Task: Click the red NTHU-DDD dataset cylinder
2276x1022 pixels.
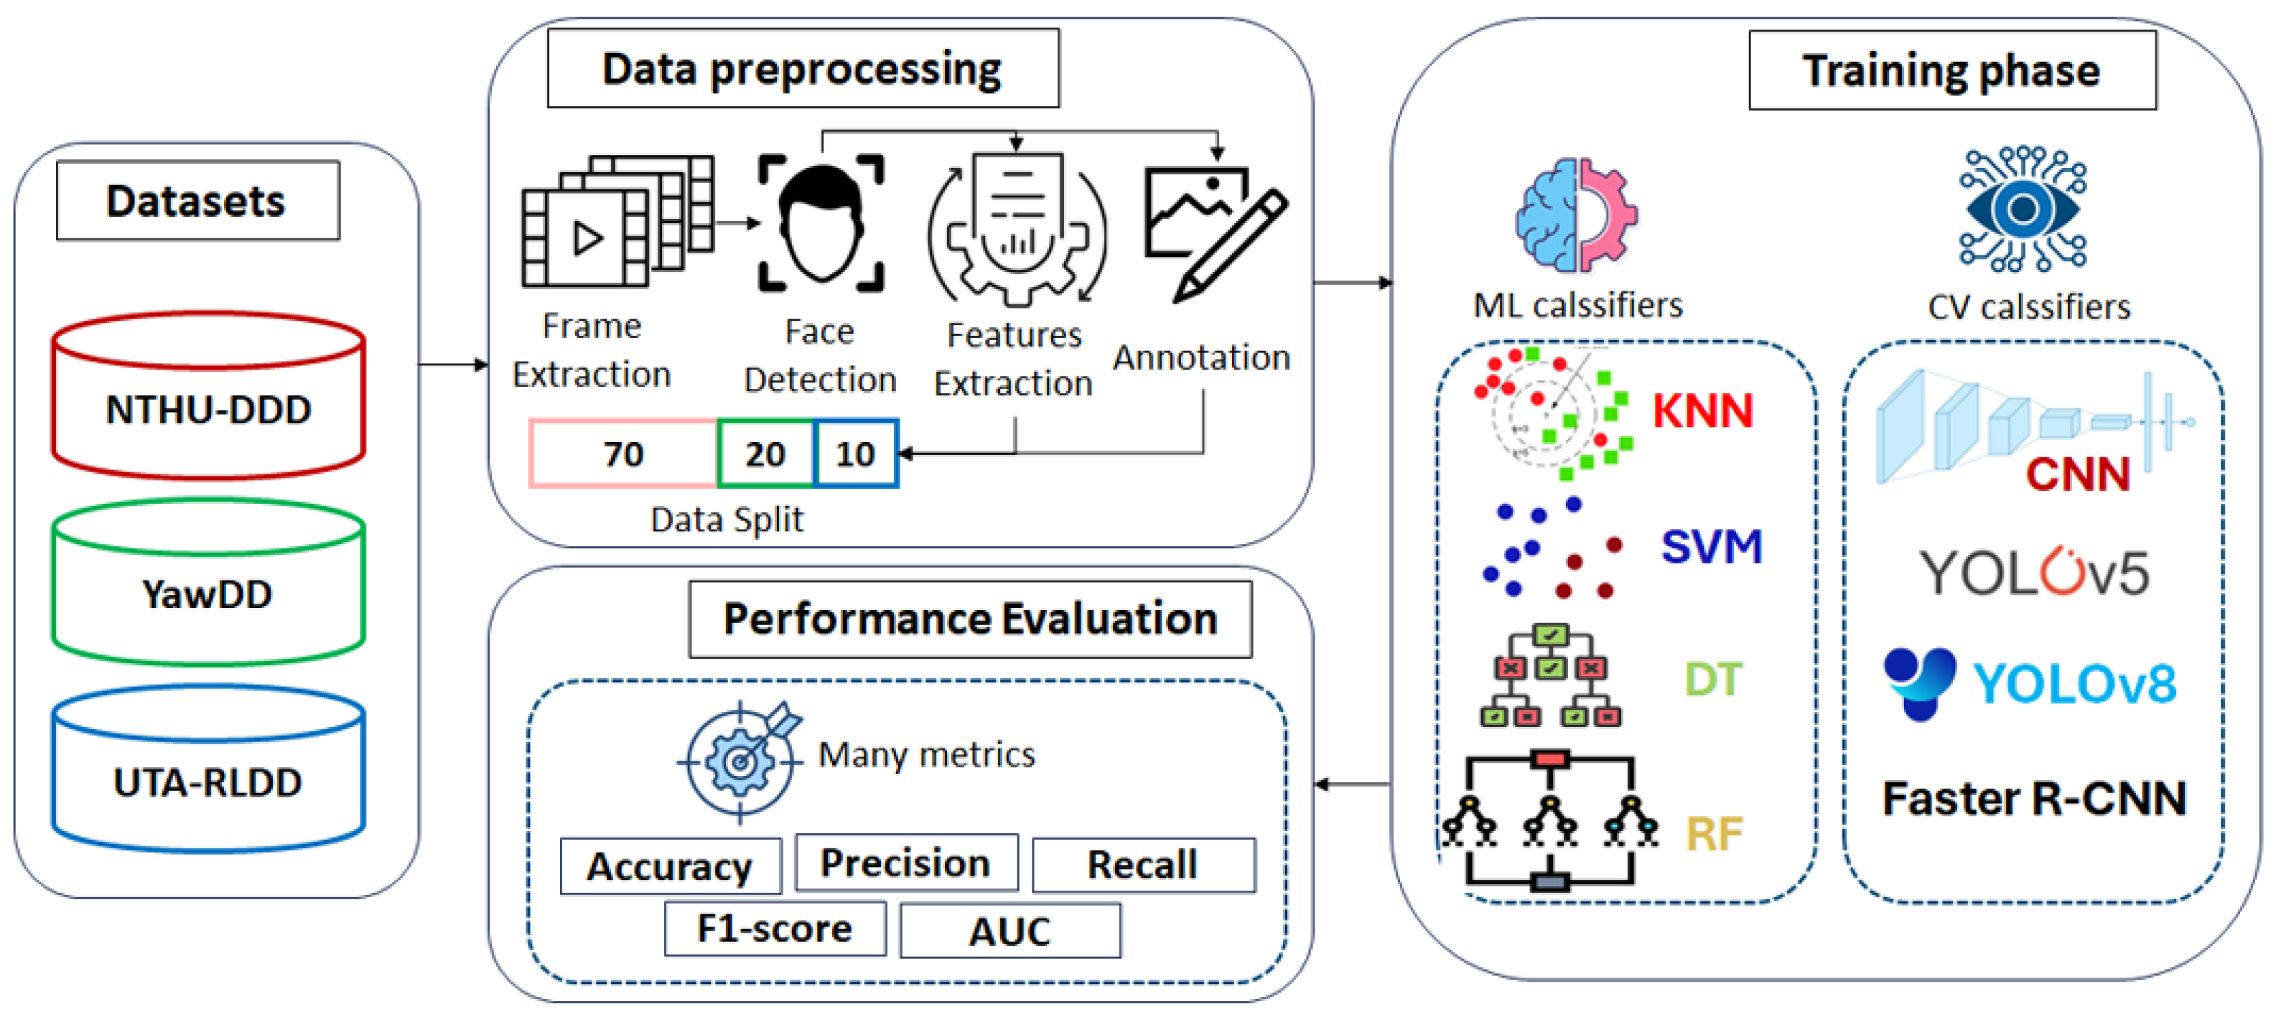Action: pos(207,402)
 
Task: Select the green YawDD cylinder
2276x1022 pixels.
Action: pos(207,587)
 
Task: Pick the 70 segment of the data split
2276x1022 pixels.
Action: pos(623,453)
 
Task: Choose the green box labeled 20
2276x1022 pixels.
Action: pos(765,453)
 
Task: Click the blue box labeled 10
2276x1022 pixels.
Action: pos(854,453)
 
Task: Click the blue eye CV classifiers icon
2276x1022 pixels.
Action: pos(2023,210)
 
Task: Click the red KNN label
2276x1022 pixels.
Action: pos(1702,411)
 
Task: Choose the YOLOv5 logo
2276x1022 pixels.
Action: pos(2033,573)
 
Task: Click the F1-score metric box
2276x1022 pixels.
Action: pos(775,929)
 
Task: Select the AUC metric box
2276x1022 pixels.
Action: pos(1010,931)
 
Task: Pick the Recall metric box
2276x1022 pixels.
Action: pos(1142,865)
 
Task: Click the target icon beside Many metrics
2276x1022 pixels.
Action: pos(741,759)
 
